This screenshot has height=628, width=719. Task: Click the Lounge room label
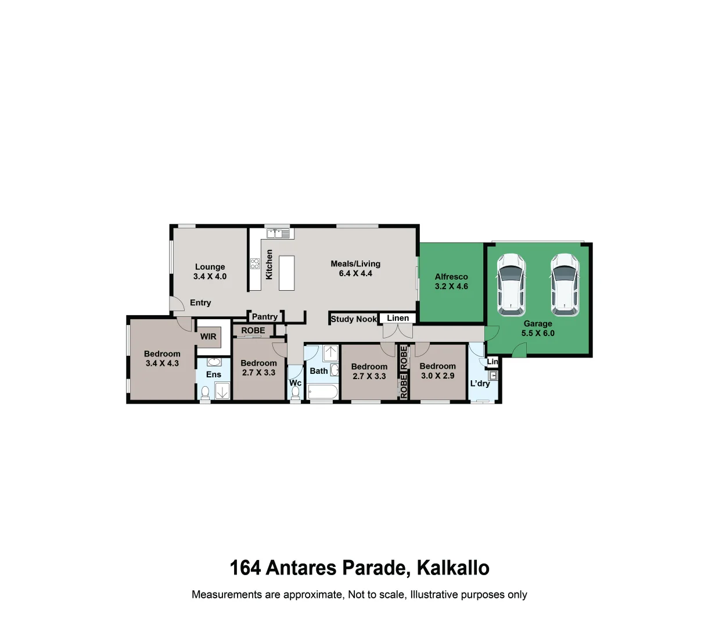tap(210, 267)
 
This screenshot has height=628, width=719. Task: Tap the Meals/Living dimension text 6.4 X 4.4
tap(355, 273)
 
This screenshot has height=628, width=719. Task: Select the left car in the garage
tap(511, 284)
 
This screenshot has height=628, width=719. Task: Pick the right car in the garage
tap(565, 284)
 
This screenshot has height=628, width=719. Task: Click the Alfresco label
tap(451, 277)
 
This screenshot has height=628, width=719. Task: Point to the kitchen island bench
tap(286, 273)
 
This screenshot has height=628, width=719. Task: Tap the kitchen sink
tap(278, 233)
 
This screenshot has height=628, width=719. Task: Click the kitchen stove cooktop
tap(254, 264)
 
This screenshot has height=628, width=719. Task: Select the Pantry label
tap(265, 317)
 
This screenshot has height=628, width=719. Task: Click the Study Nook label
tap(354, 319)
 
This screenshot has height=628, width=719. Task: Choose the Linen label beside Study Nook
tap(398, 318)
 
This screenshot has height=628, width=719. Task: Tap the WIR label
tap(208, 337)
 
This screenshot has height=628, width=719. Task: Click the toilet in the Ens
tap(205, 392)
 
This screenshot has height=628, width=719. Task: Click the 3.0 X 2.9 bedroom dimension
tap(438, 376)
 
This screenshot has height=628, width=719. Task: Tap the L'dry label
tap(480, 383)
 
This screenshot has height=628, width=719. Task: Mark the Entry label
tap(200, 302)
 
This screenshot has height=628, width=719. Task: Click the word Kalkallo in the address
tap(453, 568)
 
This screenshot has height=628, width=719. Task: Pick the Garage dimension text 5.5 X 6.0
tap(538, 333)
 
